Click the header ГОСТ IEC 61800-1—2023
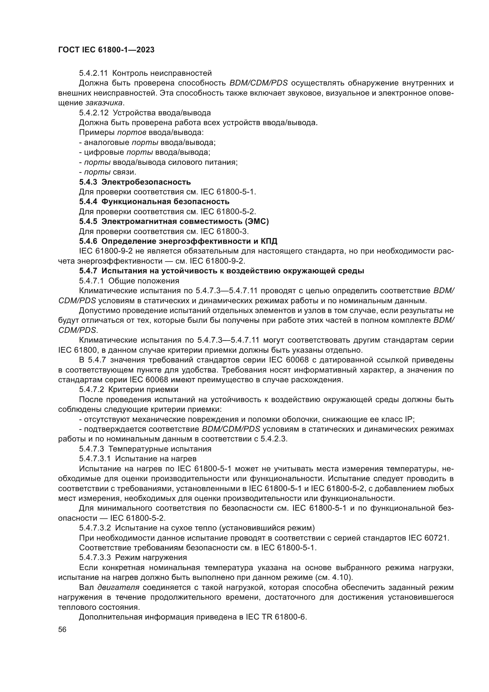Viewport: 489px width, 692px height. point(106,50)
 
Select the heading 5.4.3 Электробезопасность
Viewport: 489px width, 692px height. point(135,182)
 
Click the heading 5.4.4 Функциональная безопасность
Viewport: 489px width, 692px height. point(154,202)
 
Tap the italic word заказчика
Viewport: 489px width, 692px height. point(104,103)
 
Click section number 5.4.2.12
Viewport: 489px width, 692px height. point(93,113)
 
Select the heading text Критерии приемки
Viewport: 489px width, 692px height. point(143,390)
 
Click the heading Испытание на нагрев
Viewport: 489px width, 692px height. point(156,459)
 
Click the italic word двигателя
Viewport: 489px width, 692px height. point(118,588)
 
